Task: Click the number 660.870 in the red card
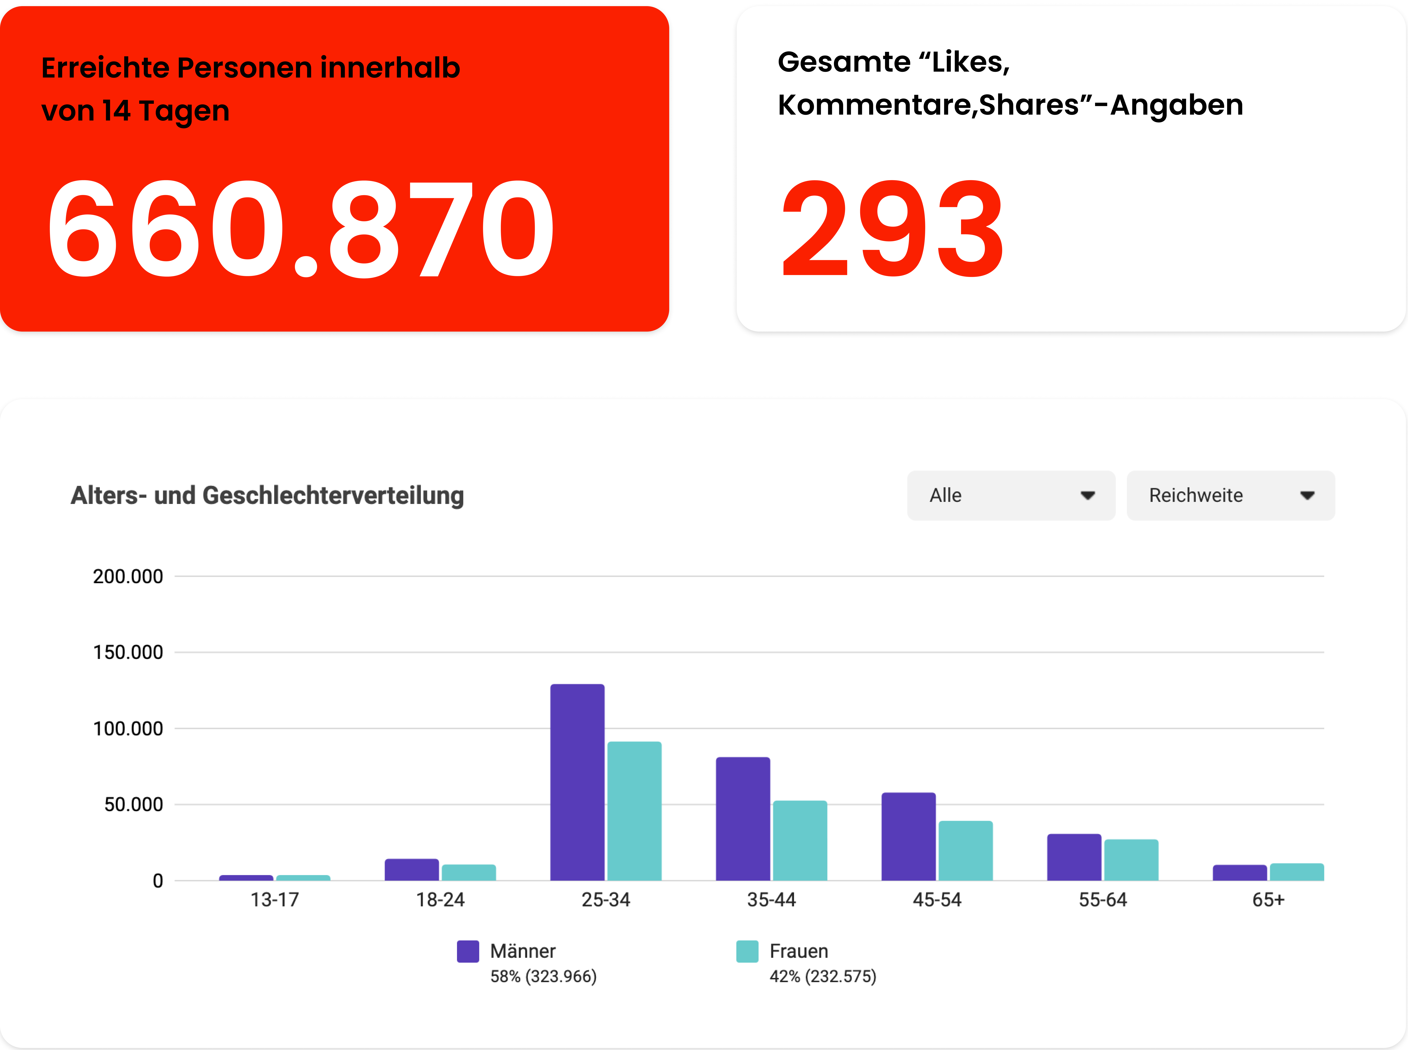pyautogui.click(x=301, y=229)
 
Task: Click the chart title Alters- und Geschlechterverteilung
pyautogui.click(x=267, y=496)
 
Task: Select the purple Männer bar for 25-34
pyautogui.click(x=577, y=782)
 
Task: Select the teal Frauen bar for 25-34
pyautogui.click(x=634, y=810)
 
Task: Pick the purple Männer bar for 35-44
pyautogui.click(x=743, y=819)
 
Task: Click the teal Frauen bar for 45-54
pyautogui.click(x=965, y=850)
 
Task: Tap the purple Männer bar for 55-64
pyautogui.click(x=1074, y=857)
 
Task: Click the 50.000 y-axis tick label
pyautogui.click(x=133, y=805)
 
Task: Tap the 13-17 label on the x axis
pyautogui.click(x=274, y=900)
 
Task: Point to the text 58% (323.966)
pyautogui.click(x=543, y=976)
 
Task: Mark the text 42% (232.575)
pyautogui.click(x=823, y=976)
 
